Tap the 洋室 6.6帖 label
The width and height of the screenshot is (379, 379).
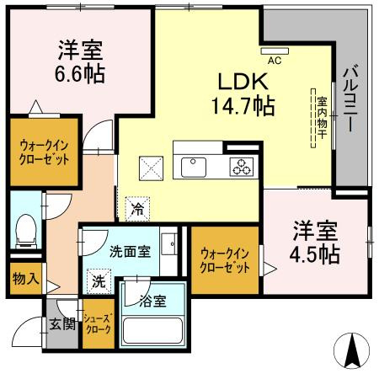(81, 61)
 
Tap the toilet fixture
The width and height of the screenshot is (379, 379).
(26, 228)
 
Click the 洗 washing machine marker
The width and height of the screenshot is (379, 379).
(99, 280)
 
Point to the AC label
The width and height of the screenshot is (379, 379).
(275, 61)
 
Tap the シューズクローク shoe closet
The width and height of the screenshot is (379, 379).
(99, 324)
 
